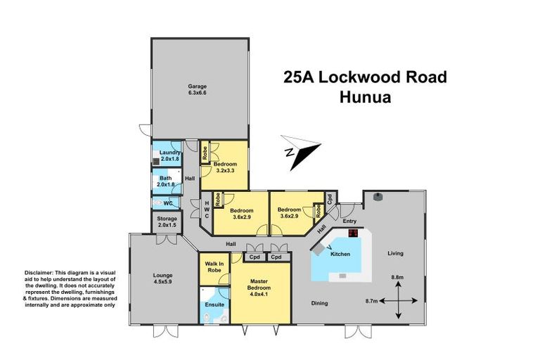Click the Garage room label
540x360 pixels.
[197, 89]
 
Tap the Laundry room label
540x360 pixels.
[169, 156]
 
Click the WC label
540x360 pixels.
[167, 203]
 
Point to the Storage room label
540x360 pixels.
[167, 222]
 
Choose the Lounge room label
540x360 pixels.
[162, 278]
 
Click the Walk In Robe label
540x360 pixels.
[213, 266]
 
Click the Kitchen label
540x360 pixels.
[340, 254]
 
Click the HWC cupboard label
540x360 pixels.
[207, 209]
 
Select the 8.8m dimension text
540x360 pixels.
[397, 278]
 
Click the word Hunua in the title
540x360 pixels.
[365, 98]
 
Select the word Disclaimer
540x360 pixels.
[39, 272]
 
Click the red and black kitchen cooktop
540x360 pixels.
[354, 233]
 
